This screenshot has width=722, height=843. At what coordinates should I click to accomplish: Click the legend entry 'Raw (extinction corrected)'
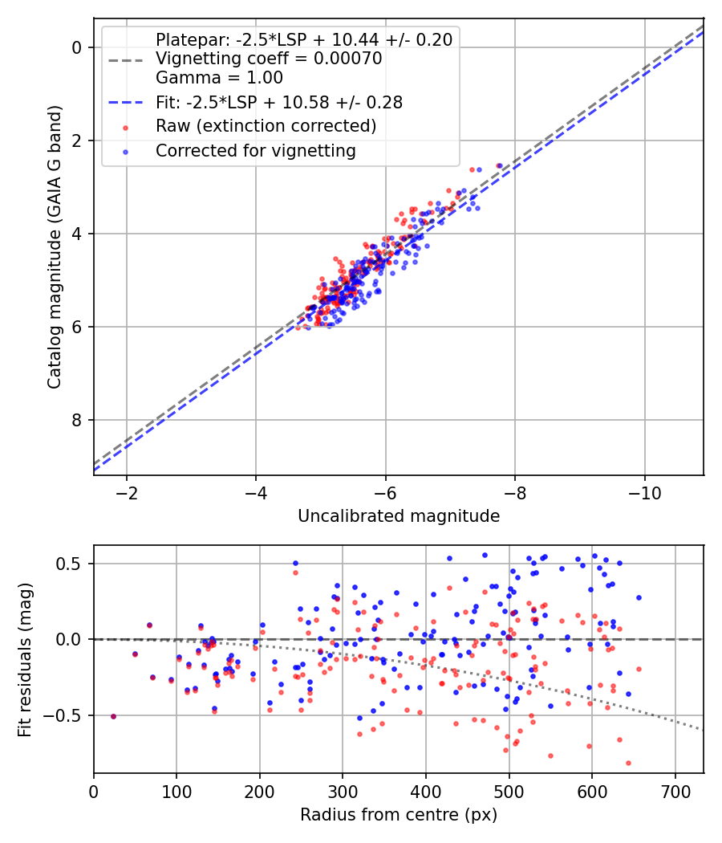tap(266, 126)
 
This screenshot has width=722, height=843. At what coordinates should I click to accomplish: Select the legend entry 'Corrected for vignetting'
tap(256, 150)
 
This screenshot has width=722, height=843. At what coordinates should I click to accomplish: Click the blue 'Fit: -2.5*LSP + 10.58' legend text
tap(279, 102)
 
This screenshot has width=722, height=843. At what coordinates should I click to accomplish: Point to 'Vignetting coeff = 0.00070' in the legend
tap(269, 59)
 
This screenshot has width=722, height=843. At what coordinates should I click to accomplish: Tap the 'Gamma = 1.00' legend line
tap(219, 78)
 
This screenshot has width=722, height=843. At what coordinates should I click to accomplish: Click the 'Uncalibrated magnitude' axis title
tap(399, 516)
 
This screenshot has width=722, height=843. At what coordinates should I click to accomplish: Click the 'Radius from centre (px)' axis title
tap(399, 815)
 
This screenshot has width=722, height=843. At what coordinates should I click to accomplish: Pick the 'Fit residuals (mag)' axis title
tap(25, 659)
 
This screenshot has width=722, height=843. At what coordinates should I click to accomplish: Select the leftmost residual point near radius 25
tap(113, 716)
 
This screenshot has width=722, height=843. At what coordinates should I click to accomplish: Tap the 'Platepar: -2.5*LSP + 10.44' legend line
tap(303, 39)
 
